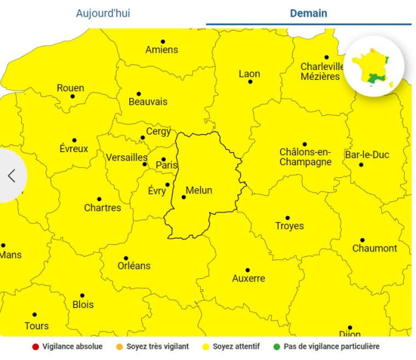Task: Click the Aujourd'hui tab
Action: (103, 13)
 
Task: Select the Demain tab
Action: (309, 13)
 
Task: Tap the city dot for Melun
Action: (184, 197)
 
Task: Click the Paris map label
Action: (167, 165)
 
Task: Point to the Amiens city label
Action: (161, 49)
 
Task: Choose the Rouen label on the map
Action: (70, 88)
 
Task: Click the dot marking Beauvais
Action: (139, 94)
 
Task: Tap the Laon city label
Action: (249, 73)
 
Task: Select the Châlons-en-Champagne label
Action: (305, 157)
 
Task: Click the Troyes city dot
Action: (288, 217)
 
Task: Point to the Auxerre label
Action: (249, 278)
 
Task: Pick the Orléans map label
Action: (134, 265)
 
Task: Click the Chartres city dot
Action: (99, 199)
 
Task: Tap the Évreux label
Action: (73, 149)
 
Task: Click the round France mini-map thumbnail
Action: (374, 65)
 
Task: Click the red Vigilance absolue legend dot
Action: (35, 347)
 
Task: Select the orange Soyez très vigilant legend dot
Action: (119, 347)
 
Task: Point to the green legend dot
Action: (277, 347)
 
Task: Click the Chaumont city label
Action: (375, 248)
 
